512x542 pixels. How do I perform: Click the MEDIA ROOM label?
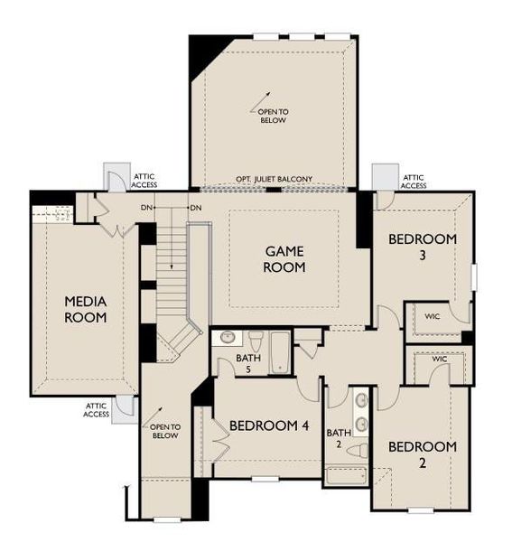(x=85, y=309)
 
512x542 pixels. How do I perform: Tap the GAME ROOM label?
(x=284, y=258)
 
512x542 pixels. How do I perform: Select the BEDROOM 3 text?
(x=423, y=247)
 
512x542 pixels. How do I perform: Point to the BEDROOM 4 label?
(x=269, y=425)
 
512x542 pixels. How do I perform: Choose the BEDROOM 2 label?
(x=422, y=455)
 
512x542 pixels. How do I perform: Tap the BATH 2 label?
(x=340, y=438)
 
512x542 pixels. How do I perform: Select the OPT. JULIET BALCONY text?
(x=274, y=180)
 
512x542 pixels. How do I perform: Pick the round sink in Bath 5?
(x=227, y=339)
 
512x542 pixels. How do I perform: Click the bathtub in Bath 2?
(x=348, y=478)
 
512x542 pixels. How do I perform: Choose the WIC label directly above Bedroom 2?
(x=439, y=360)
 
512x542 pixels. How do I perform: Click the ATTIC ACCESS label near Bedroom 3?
(x=414, y=182)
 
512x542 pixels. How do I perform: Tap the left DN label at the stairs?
(x=146, y=208)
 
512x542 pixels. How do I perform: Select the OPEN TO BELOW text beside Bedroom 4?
(x=164, y=431)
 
